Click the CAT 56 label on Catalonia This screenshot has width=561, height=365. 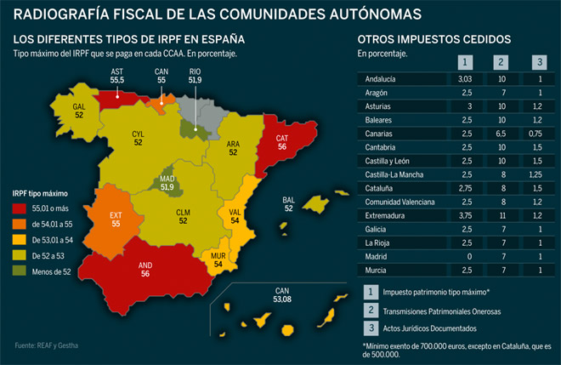[282, 142]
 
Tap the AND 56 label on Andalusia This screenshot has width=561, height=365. [145, 270]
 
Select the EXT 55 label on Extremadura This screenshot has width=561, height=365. [116, 220]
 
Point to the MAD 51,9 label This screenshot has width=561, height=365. [167, 183]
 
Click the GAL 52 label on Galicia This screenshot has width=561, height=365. [79, 111]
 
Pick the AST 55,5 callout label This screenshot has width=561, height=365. [117, 76]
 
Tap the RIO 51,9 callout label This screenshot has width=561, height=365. [195, 76]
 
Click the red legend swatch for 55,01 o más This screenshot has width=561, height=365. [20, 208]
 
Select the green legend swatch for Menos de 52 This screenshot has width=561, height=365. [20, 271]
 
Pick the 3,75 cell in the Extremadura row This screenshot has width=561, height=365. [465, 215]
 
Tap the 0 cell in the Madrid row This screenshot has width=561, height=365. [469, 256]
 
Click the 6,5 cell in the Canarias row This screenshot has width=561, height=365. [501, 134]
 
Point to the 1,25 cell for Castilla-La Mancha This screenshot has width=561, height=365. [535, 174]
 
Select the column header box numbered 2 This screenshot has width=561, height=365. [501, 62]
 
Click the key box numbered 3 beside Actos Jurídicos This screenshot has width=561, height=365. [371, 328]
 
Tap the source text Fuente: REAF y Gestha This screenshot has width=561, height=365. [47, 345]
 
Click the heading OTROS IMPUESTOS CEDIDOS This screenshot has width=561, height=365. [434, 39]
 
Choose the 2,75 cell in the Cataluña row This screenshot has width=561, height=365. [465, 188]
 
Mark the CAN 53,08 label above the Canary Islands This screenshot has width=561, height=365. [282, 294]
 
